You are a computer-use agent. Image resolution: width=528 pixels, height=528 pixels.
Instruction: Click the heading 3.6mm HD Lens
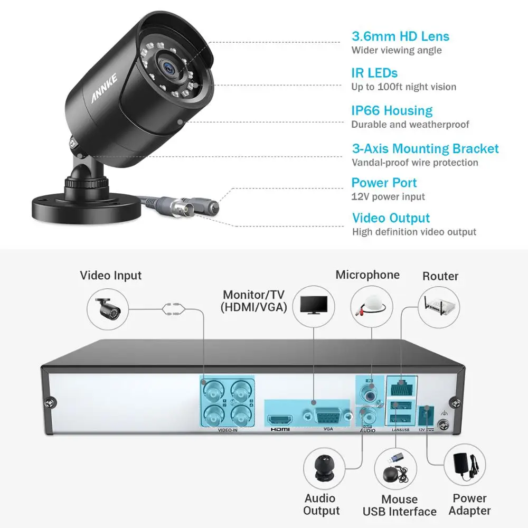pyautogui.click(x=400, y=36)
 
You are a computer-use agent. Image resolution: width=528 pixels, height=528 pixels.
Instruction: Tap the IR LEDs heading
pyautogui.click(x=374, y=73)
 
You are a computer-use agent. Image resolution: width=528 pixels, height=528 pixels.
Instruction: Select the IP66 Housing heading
pyautogui.click(x=392, y=111)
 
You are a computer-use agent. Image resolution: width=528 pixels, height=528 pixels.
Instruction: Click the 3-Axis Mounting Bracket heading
pyautogui.click(x=425, y=149)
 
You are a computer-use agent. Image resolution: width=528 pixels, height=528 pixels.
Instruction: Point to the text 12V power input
pyautogui.click(x=388, y=197)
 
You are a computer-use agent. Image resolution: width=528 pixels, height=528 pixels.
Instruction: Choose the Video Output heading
pyautogui.click(x=391, y=218)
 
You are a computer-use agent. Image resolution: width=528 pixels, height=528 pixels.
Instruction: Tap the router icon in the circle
pyautogui.click(x=439, y=306)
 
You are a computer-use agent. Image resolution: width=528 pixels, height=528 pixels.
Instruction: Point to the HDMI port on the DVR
pyautogui.click(x=280, y=420)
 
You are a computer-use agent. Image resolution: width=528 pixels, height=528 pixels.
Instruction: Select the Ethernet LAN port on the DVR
pyautogui.click(x=402, y=386)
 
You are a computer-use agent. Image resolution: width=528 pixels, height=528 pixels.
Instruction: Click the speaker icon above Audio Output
pyautogui.click(x=324, y=467)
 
